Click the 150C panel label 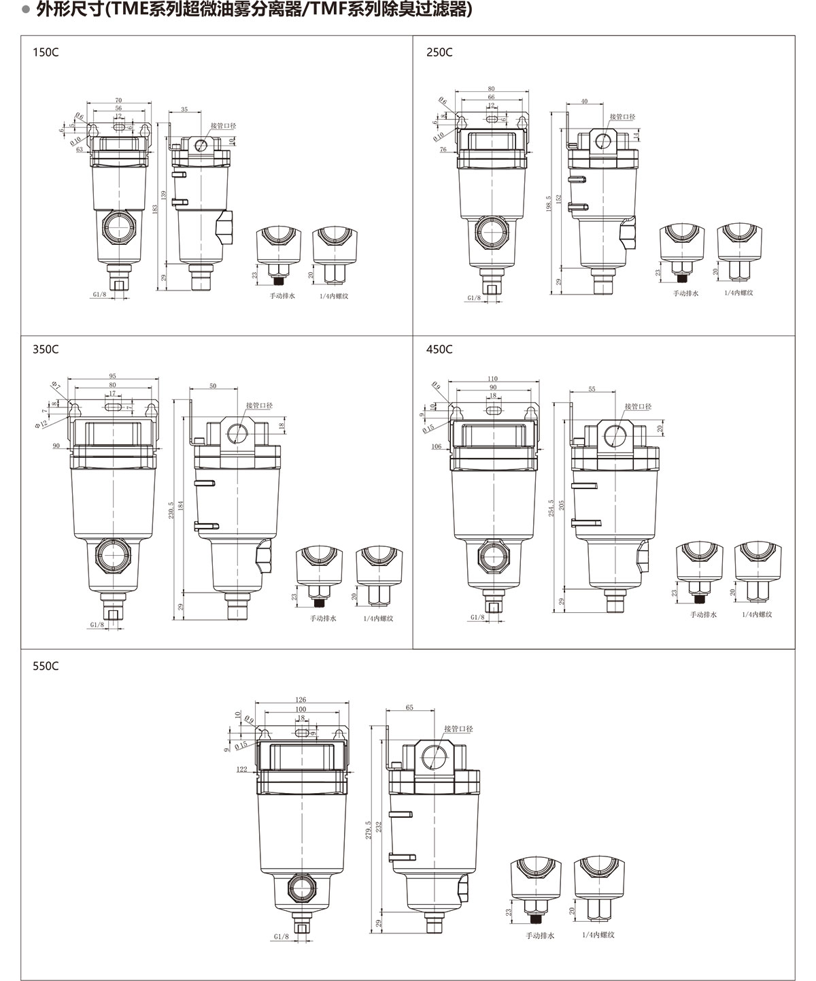(x=46, y=52)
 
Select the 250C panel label (x=439, y=52)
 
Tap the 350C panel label (x=46, y=350)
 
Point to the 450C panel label (x=439, y=350)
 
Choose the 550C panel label (x=46, y=666)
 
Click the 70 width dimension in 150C (x=118, y=100)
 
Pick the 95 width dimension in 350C (x=112, y=376)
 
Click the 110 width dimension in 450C (x=492, y=379)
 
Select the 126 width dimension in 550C (x=301, y=699)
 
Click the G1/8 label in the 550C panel (x=282, y=937)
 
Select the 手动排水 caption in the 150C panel (x=282, y=297)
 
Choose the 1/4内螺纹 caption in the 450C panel (x=758, y=614)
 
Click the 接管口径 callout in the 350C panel (x=259, y=405)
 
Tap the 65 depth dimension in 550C (x=409, y=708)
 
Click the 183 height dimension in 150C (x=155, y=211)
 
